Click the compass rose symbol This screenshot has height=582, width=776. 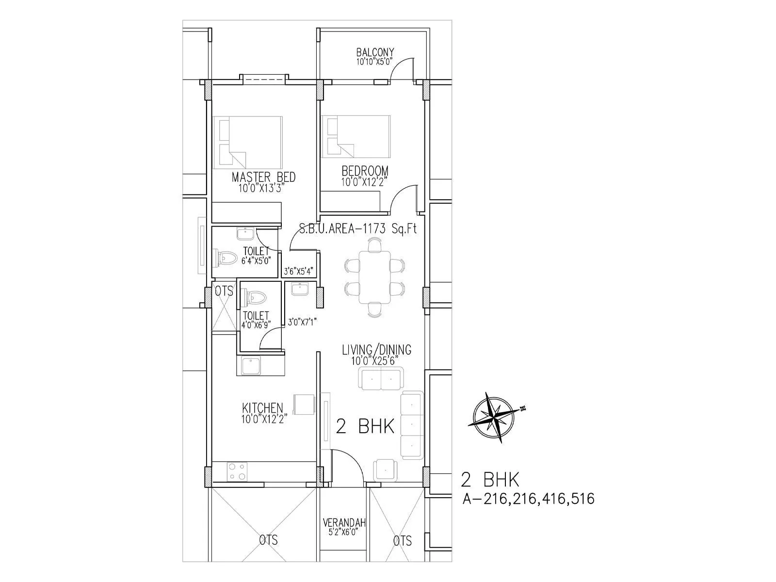[494, 418]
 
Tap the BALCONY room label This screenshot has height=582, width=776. [375, 52]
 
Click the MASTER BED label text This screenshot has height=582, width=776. [263, 177]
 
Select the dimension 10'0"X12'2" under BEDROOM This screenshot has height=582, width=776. [365, 182]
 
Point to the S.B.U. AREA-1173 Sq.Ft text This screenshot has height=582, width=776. [358, 229]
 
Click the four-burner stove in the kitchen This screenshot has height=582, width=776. [237, 471]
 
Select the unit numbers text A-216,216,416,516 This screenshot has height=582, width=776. [529, 498]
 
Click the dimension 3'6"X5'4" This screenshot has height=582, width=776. [299, 271]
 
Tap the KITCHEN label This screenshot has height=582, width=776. [262, 408]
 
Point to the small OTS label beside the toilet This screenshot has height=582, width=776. [224, 291]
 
